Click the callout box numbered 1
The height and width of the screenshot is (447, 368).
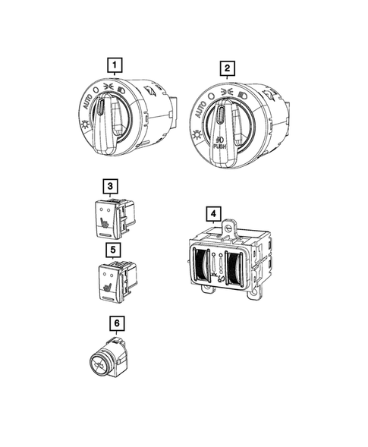click(x=115, y=65)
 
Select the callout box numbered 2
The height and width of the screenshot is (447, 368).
click(x=227, y=68)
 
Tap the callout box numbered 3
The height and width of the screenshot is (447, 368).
click(x=110, y=187)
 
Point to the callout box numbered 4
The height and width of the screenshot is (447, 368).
click(x=213, y=214)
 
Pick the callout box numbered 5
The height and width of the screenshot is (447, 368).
click(x=113, y=250)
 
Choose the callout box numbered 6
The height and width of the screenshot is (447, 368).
click(x=117, y=323)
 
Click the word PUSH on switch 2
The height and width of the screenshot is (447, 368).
click(x=219, y=146)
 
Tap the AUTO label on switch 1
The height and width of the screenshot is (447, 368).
click(x=87, y=102)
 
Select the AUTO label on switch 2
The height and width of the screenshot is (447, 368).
click(x=200, y=109)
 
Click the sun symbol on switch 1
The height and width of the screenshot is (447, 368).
click(x=85, y=124)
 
